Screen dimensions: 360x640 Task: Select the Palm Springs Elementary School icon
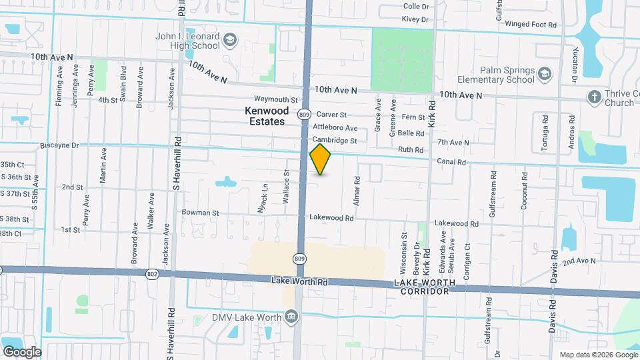click(545, 73)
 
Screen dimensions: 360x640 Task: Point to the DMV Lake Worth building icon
click(291, 317)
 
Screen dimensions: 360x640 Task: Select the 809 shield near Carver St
click(304, 115)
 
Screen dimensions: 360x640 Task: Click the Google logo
click(22, 352)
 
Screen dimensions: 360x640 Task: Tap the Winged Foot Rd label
click(531, 25)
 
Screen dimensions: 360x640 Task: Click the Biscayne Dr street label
click(59, 145)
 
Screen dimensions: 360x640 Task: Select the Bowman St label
click(201, 213)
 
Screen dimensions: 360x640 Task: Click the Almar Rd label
click(357, 189)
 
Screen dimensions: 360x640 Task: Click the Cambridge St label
click(335, 141)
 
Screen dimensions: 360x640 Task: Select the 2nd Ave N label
click(579, 261)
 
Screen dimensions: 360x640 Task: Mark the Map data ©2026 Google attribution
click(597, 355)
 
